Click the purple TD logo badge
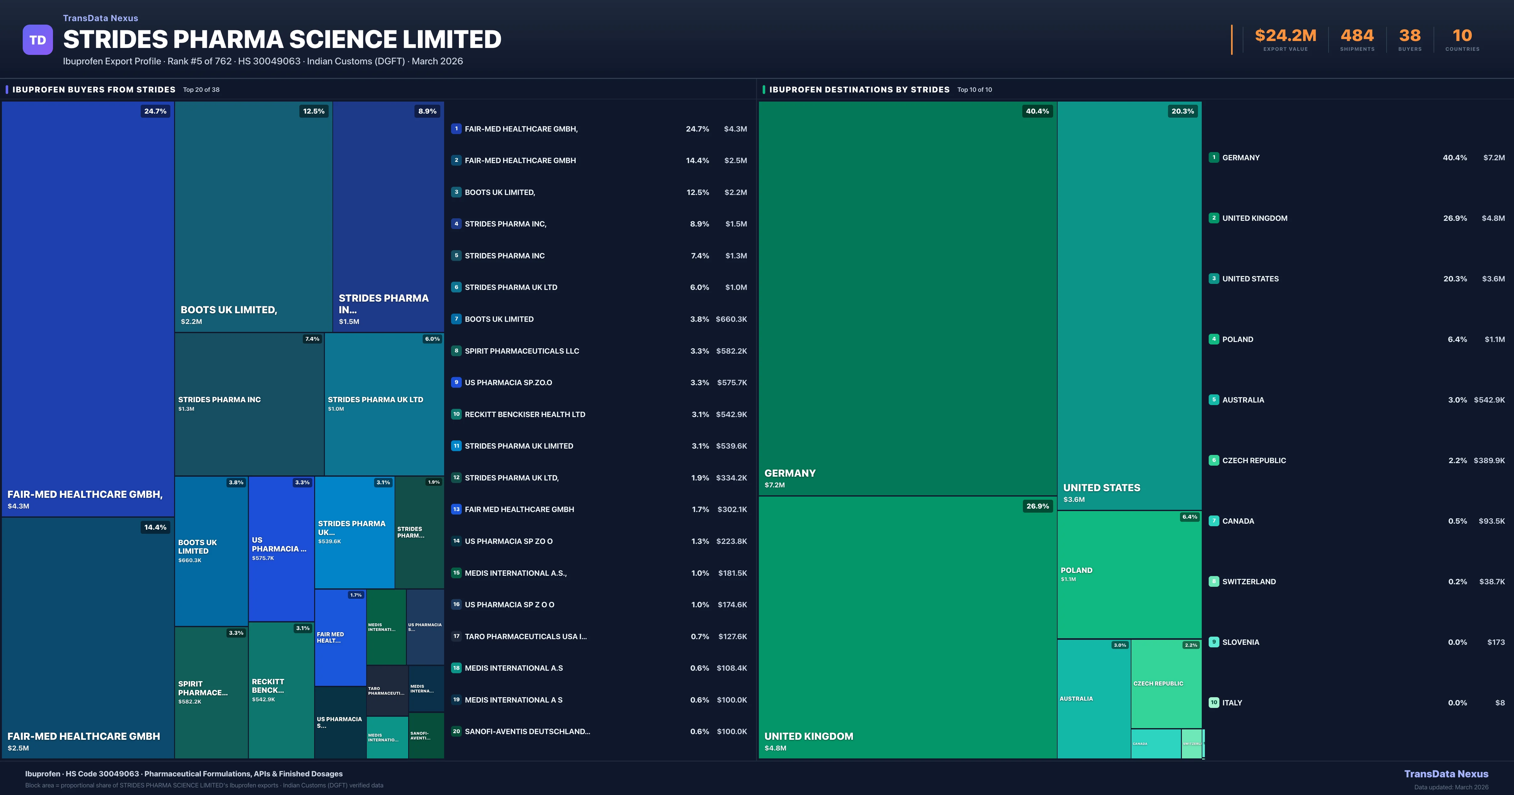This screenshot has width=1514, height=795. [x=38, y=40]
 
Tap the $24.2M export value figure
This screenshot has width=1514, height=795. [x=1285, y=36]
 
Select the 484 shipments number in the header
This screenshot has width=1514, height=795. [x=1357, y=36]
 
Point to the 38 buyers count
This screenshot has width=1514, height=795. [x=1409, y=36]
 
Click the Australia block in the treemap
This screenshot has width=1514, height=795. [x=1093, y=698]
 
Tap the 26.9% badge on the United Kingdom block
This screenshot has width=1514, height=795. [x=1037, y=506]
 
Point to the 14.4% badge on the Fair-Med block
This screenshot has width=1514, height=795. [x=155, y=527]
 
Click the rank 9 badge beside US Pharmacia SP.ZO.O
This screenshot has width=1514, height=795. [x=456, y=382]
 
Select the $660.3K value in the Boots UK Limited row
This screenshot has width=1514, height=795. [x=731, y=319]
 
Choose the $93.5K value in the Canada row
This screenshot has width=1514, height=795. [x=1492, y=521]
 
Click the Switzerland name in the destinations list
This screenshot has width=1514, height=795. [x=1249, y=581]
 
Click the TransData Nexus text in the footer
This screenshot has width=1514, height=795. [x=1446, y=774]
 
